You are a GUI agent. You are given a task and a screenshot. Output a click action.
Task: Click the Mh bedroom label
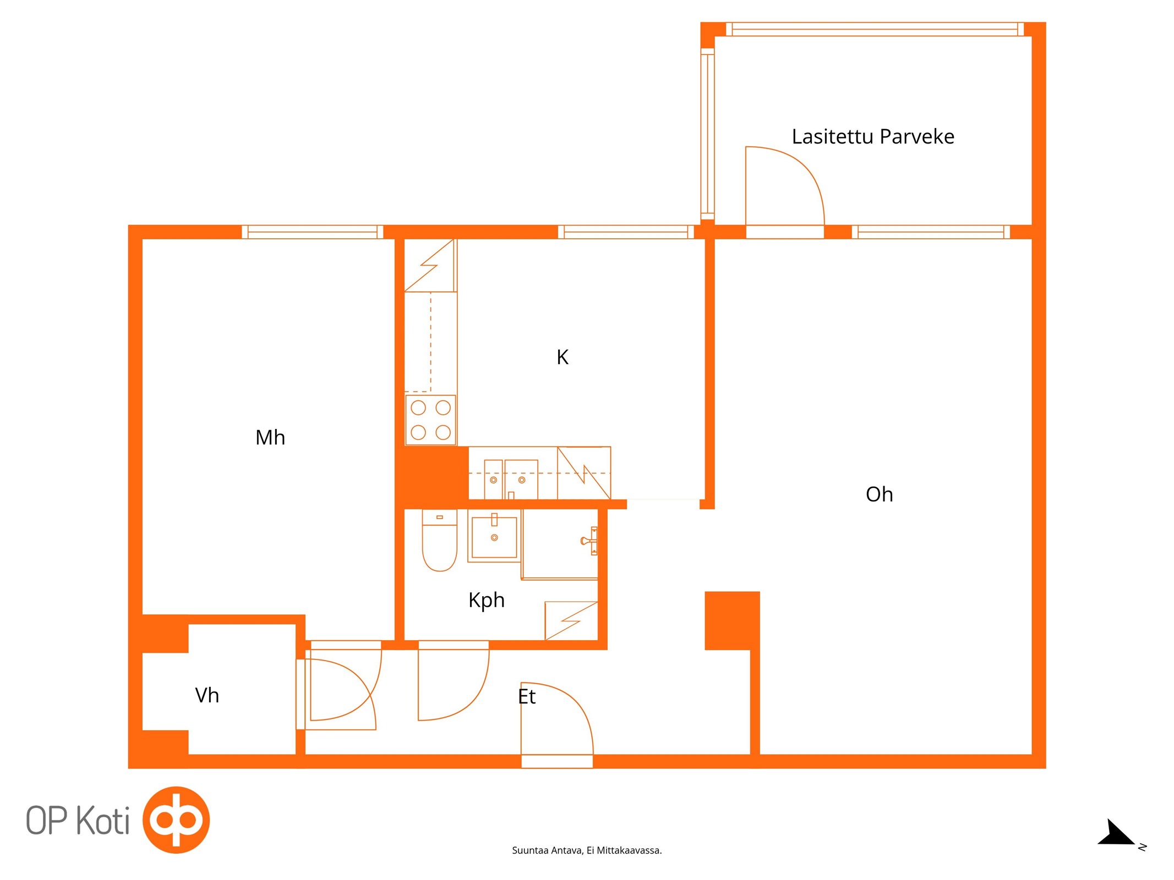(270, 438)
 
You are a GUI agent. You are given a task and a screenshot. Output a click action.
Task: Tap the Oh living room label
(879, 494)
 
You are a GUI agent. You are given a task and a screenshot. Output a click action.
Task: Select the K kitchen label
(562, 358)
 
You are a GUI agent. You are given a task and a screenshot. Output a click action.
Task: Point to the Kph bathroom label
(487, 600)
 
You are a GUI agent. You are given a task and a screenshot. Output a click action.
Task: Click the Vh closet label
(207, 696)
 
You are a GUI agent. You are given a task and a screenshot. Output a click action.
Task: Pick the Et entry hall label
(527, 697)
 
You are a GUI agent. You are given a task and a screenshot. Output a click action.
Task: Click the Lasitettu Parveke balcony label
(873, 136)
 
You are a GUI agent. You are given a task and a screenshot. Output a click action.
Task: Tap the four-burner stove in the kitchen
(430, 420)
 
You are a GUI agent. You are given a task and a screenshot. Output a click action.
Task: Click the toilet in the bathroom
(439, 540)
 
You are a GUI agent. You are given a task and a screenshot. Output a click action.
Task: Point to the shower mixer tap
(589, 541)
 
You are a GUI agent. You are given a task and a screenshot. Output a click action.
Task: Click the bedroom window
(312, 232)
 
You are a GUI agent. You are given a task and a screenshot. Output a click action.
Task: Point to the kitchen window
(626, 232)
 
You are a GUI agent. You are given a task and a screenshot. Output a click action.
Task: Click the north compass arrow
(1116, 834)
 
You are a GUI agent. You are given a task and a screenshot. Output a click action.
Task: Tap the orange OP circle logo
(176, 820)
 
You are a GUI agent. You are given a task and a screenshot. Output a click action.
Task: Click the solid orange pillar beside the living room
(732, 620)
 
